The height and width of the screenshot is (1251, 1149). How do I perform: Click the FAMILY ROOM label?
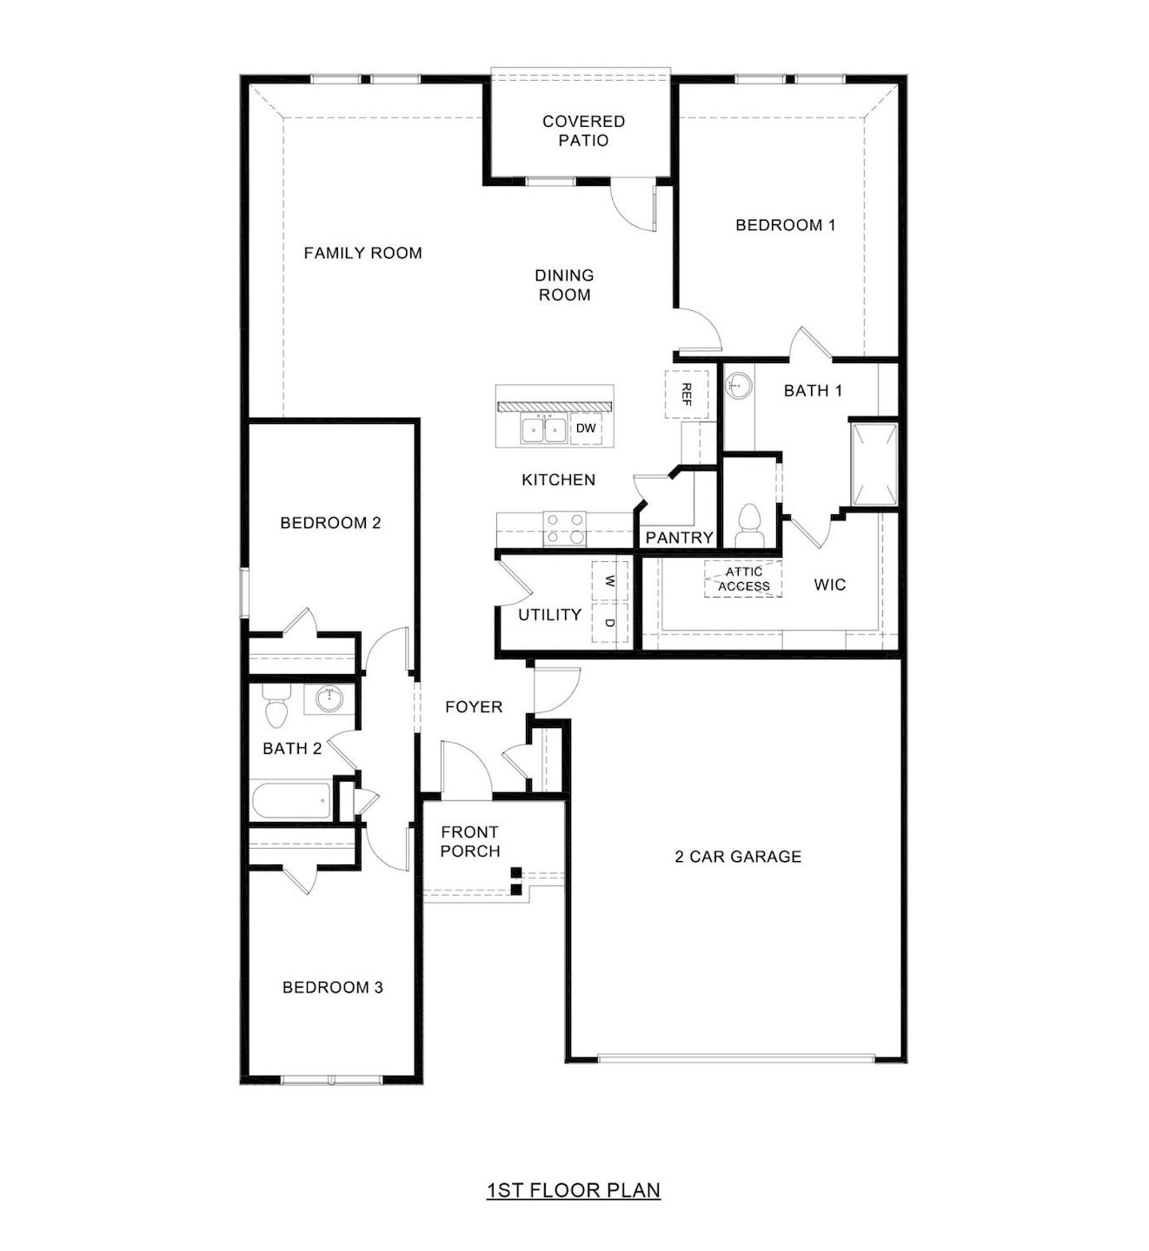click(x=362, y=253)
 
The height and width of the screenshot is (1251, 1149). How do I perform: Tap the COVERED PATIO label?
click(x=583, y=130)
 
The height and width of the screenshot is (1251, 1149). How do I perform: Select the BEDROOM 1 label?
click(x=785, y=225)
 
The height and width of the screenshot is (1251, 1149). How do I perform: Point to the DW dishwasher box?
click(x=586, y=428)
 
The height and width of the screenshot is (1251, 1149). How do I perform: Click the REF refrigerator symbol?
click(x=687, y=394)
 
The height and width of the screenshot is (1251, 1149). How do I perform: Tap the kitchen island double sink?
click(x=544, y=429)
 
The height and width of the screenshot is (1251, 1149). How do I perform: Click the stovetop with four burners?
click(x=564, y=528)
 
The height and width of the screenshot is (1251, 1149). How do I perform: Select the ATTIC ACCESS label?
click(x=744, y=579)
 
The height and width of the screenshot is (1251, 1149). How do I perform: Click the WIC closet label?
click(x=829, y=585)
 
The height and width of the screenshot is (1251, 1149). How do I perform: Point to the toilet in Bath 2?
click(x=276, y=707)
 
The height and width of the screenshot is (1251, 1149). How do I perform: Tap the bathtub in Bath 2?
click(x=291, y=800)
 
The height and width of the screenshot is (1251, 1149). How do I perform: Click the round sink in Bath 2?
click(x=329, y=698)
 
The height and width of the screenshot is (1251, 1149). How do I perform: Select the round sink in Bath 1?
click(x=739, y=385)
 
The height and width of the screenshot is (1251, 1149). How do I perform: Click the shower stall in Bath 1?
click(x=873, y=464)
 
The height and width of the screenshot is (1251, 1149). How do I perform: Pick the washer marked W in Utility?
click(x=609, y=580)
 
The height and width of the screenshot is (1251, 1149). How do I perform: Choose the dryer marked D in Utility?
click(x=609, y=623)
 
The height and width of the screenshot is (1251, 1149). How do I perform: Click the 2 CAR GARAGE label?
click(x=738, y=857)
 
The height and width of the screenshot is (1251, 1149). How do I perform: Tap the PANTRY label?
click(x=679, y=538)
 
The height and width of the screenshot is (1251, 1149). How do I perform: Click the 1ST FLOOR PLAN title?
click(x=574, y=1190)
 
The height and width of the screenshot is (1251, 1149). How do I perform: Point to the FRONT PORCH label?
click(x=469, y=842)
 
